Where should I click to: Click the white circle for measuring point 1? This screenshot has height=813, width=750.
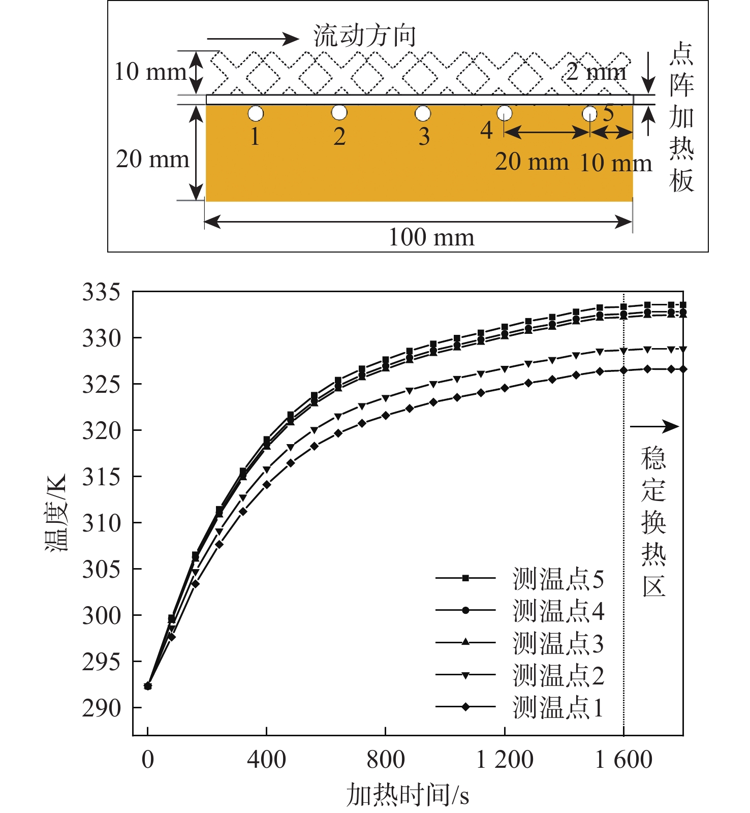pyautogui.click(x=256, y=113)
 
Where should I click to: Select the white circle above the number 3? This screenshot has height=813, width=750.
pyautogui.click(x=423, y=113)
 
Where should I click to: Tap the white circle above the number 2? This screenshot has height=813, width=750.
pyautogui.click(x=339, y=113)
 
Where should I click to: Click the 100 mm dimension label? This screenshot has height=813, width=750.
pyautogui.click(x=431, y=237)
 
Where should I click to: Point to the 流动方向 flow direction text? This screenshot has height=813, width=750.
pyautogui.click(x=365, y=36)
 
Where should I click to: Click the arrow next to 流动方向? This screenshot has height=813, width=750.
pyautogui.click(x=253, y=39)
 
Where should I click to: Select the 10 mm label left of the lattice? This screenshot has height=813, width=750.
pyautogui.click(x=149, y=72)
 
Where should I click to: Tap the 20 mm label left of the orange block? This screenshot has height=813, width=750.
pyautogui.click(x=152, y=160)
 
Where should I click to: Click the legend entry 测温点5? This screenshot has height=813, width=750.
pyautogui.click(x=558, y=579)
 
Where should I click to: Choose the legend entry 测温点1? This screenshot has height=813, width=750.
pyautogui.click(x=558, y=707)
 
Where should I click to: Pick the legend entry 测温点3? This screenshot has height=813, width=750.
pyautogui.click(x=558, y=643)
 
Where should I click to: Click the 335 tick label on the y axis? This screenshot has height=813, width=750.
pyautogui.click(x=102, y=293)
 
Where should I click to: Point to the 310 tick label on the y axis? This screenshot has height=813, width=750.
pyautogui.click(x=102, y=523)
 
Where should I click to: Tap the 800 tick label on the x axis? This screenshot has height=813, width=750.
pyautogui.click(x=385, y=760)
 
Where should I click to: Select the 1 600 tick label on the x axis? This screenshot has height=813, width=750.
pyautogui.click(x=623, y=760)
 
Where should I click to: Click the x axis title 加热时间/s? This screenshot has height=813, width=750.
pyautogui.click(x=408, y=795)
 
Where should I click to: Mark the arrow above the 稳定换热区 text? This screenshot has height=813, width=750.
pyautogui.click(x=654, y=426)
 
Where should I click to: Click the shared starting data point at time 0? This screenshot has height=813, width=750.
pyautogui.click(x=148, y=686)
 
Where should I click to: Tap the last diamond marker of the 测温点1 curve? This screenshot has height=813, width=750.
pyautogui.click(x=683, y=369)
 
